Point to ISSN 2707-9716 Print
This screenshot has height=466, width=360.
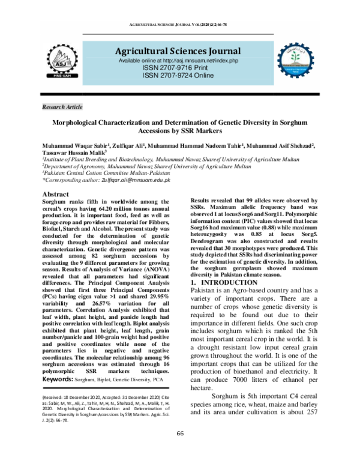(x=178, y=70)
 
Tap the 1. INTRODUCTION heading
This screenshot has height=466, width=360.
(x=224, y=282)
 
